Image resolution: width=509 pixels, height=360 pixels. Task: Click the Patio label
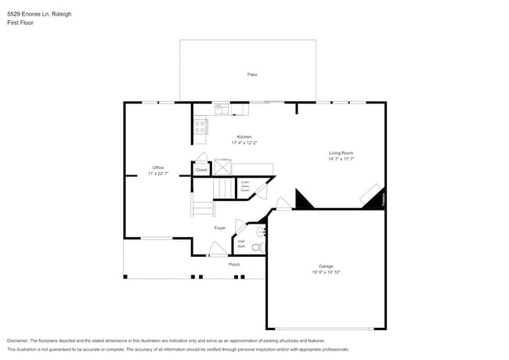coord(252,74)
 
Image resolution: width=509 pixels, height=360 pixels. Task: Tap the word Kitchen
coord(244,137)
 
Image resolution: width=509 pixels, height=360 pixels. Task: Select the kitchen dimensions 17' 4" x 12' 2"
coord(244,143)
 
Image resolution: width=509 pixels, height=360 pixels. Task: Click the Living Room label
coord(341,153)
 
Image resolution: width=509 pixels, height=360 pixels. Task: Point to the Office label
coord(157,167)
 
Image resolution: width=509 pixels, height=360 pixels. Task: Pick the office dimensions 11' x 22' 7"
coord(157,174)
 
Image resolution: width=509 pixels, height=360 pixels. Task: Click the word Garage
coord(326,266)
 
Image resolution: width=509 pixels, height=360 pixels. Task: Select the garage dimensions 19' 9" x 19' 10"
coord(326,272)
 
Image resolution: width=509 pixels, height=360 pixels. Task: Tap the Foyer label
coord(220,228)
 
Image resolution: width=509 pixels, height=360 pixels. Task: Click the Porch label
coord(234,265)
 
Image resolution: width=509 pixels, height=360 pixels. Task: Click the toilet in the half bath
coord(258,247)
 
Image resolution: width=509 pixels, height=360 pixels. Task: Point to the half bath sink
coord(262,232)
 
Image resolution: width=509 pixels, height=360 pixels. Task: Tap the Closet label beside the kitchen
coord(201,170)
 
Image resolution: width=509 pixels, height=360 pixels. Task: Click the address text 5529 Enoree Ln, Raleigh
coord(34,13)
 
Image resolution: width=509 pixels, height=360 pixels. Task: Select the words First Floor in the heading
coord(20,23)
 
